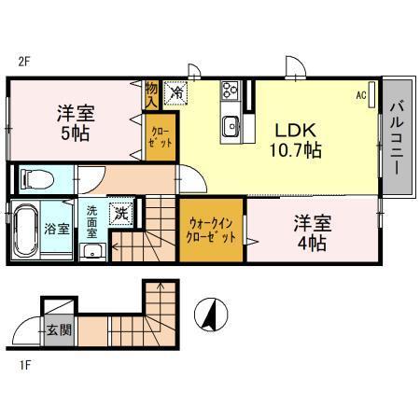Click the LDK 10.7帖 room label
coord(297,138)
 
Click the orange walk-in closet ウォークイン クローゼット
coord(211,231)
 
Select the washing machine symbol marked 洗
coord(121,213)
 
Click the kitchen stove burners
coord(230,91)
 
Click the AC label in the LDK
coord(360,94)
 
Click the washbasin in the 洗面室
coord(92,252)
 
